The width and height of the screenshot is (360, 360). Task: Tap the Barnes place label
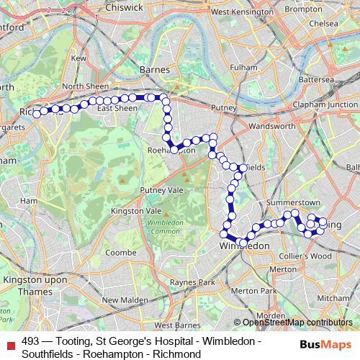[156, 70]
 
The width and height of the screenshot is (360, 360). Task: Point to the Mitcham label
[333, 297]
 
